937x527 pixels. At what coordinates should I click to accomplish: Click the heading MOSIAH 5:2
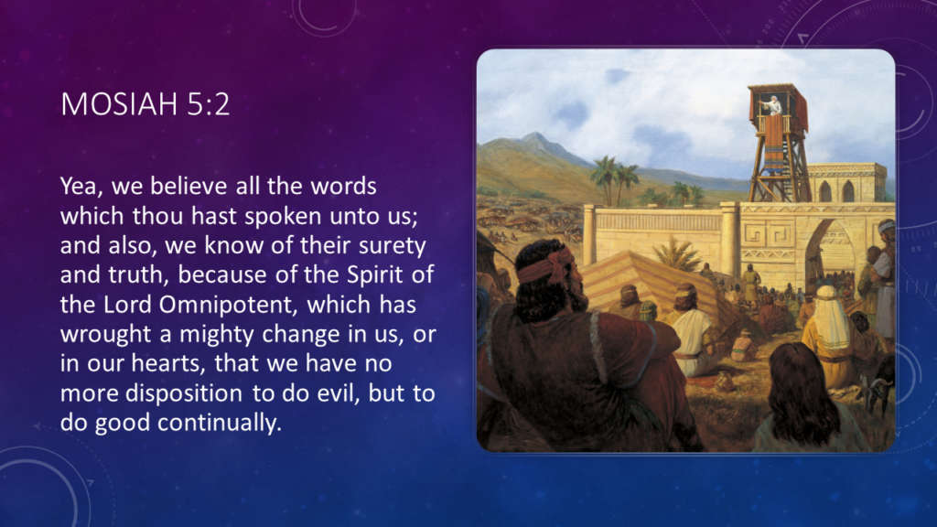click(145, 104)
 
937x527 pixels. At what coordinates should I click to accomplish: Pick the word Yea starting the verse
click(80, 188)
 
